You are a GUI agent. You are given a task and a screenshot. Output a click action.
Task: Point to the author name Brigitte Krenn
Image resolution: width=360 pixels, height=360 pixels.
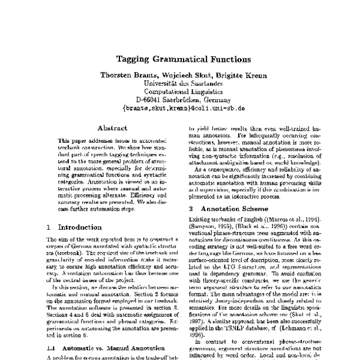(x=236, y=76)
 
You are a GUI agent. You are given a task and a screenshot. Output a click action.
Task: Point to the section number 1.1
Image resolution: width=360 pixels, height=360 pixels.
(x=52, y=349)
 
